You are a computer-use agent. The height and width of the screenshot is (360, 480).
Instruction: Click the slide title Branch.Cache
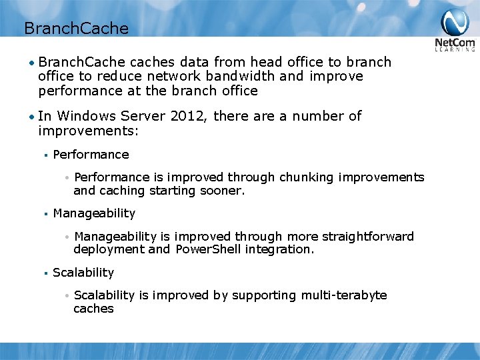[75, 28]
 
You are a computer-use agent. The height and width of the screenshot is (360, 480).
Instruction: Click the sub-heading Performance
[91, 155]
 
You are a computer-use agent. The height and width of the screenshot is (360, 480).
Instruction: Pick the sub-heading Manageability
[94, 213]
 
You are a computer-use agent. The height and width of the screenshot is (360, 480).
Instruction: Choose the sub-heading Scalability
[83, 273]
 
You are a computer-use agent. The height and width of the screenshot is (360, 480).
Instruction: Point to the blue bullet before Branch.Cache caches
[31, 63]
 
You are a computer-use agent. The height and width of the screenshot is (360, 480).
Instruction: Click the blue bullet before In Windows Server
[31, 117]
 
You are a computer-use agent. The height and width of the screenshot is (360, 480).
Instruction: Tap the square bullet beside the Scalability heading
[44, 273]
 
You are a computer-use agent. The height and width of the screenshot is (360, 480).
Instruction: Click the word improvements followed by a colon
[87, 131]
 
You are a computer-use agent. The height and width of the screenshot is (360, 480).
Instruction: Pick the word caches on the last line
[93, 309]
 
